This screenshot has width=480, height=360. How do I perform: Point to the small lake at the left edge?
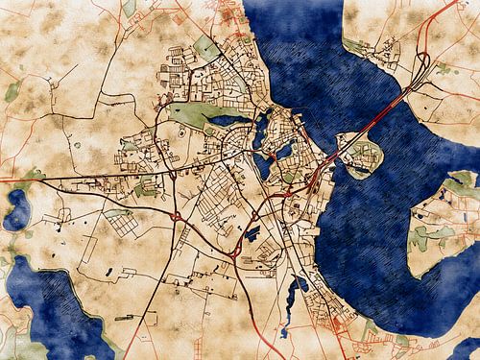(x=16, y=209)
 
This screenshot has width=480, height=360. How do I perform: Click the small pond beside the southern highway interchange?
(x=252, y=233)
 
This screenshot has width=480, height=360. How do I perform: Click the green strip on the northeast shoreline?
(x=357, y=45)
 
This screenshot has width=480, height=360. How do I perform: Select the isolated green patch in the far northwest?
(x=12, y=92)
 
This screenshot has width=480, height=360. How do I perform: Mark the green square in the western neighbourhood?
(x=146, y=187)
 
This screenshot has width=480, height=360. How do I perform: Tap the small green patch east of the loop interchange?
(x=444, y=68)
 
